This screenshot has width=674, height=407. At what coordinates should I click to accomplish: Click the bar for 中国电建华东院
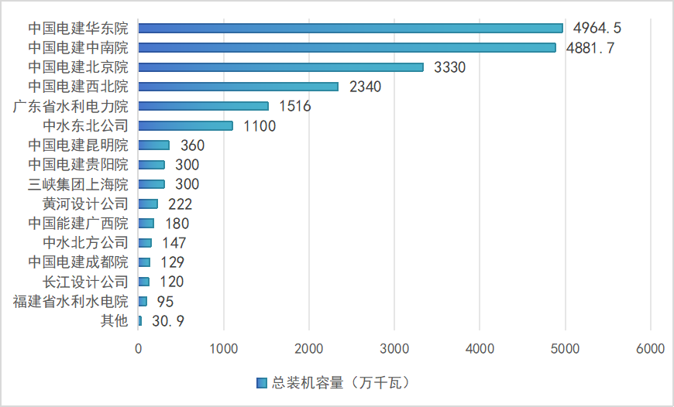(350, 28)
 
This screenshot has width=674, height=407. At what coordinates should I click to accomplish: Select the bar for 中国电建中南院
(347, 47)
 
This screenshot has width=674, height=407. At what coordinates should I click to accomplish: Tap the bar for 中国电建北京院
(280, 67)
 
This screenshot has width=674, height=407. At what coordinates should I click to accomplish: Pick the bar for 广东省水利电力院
(203, 106)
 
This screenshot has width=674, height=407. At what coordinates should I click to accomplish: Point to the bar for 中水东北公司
(185, 125)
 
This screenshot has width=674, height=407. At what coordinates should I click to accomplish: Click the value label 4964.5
(597, 28)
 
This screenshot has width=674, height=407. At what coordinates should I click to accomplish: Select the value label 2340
(366, 87)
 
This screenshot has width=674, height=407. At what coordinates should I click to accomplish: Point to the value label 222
(180, 204)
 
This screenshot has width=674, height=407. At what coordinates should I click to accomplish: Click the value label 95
(164, 302)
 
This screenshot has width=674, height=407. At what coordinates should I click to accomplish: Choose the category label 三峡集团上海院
(78, 184)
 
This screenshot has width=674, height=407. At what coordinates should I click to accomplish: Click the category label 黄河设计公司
(85, 204)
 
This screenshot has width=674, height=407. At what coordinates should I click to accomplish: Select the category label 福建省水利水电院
(70, 302)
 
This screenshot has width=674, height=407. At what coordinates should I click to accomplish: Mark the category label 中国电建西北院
(78, 87)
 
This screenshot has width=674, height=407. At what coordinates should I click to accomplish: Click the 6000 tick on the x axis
(650, 349)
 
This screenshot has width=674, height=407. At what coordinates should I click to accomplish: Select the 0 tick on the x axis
(139, 349)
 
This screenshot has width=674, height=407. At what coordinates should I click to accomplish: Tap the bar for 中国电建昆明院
(153, 145)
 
